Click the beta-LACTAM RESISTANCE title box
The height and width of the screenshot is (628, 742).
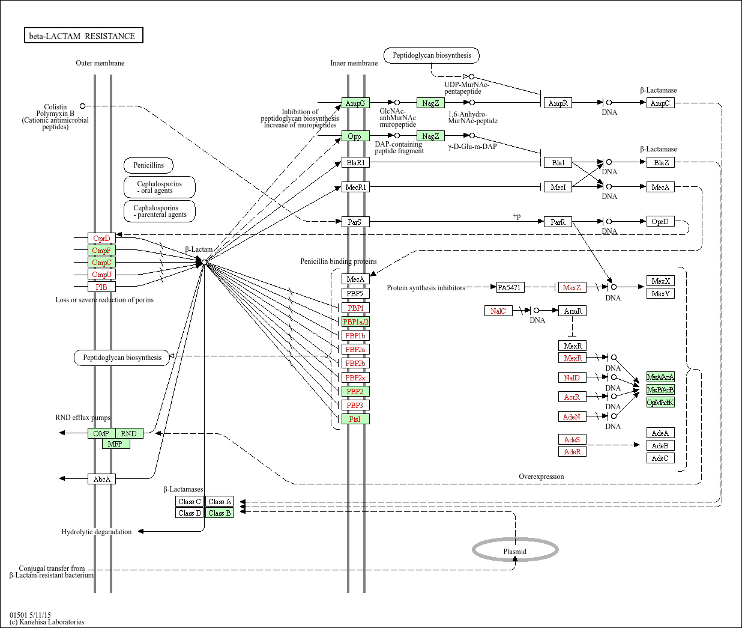pos(83,36)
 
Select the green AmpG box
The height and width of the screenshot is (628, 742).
pos(355,103)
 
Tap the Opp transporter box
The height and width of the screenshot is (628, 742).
pos(355,136)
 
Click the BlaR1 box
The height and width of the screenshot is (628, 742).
pos(355,163)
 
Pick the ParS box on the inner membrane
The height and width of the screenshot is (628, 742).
pos(355,222)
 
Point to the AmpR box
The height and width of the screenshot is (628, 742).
pos(558,103)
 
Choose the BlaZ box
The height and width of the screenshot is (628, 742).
pos(660,163)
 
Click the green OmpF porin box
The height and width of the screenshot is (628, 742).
pos(101,251)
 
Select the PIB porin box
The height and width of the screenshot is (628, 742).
pos(101,287)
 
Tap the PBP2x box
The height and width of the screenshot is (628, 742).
pos(355,378)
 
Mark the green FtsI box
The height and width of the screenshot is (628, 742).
pos(355,419)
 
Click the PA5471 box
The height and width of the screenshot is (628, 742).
pos(510,288)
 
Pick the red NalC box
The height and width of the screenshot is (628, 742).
pos(498,311)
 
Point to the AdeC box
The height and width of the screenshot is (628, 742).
pos(660,459)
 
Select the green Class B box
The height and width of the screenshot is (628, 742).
pos(219,513)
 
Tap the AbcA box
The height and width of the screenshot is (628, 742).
pos(101,480)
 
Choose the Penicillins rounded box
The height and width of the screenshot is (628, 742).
pos(149,165)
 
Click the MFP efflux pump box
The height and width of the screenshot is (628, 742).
pos(115,444)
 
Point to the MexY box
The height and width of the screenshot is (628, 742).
pos(660,294)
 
